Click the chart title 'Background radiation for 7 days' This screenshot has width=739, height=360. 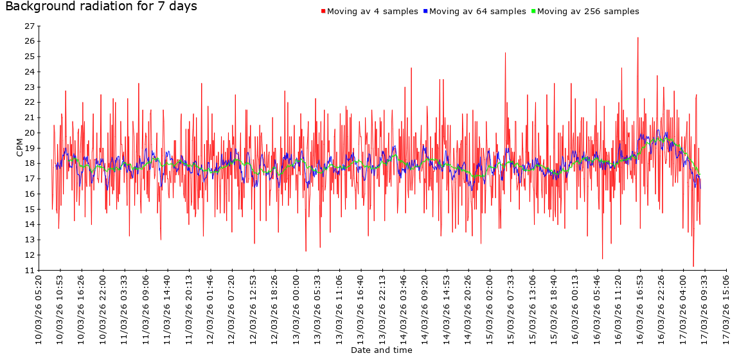point(101,7)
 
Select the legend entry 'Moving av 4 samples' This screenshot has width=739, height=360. point(372,12)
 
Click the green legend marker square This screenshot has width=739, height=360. point(533,12)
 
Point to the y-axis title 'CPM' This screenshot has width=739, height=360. point(19,148)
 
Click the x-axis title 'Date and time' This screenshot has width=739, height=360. point(382,350)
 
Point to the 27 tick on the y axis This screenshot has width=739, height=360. point(29,26)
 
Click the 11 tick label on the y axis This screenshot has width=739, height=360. point(29,271)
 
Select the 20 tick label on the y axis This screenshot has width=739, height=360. point(29,133)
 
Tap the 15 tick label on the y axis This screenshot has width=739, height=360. point(29,210)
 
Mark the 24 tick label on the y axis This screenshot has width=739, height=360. point(29,72)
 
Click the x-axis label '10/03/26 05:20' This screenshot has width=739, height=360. point(39,309)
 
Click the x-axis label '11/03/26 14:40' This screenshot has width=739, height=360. point(168,309)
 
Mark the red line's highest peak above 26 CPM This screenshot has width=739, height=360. point(637,38)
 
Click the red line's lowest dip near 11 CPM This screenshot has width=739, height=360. point(693,265)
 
